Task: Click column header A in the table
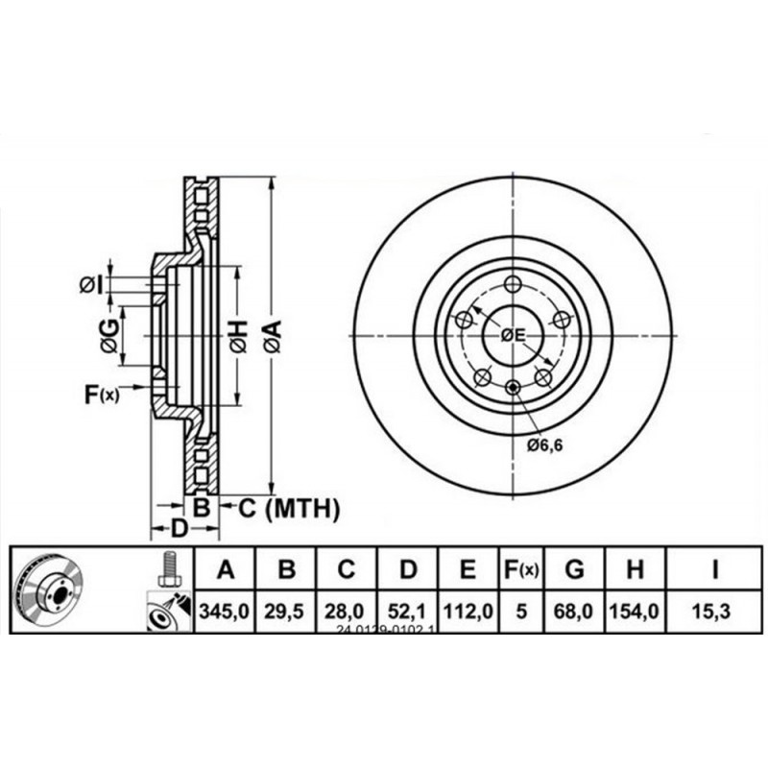click(x=225, y=570)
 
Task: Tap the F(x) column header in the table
click(x=521, y=570)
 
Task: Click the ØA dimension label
click(x=273, y=337)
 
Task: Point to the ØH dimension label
click(x=237, y=336)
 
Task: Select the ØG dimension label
click(x=110, y=335)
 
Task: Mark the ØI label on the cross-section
click(x=90, y=284)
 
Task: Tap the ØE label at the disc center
click(x=513, y=335)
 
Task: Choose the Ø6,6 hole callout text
click(x=543, y=444)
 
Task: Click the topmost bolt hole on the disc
click(x=512, y=283)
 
